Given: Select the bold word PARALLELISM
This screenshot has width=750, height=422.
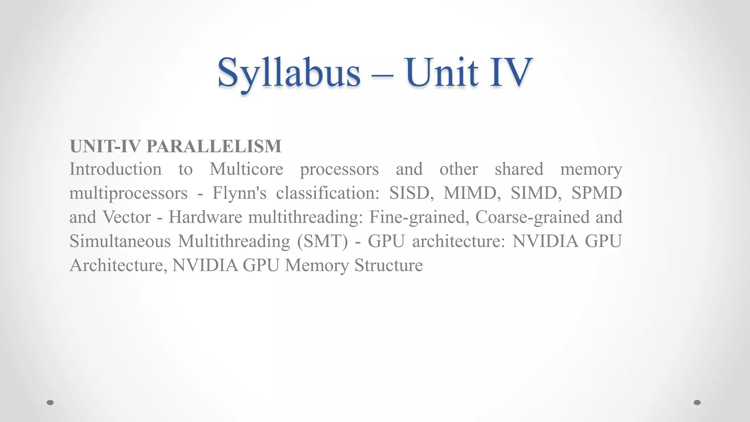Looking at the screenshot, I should coord(214,146).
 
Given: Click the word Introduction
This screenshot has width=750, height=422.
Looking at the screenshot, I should coord(115,169).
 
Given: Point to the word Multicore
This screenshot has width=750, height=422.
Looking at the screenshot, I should coord(246,169).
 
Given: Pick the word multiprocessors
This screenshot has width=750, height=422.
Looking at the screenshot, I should coord(129,193).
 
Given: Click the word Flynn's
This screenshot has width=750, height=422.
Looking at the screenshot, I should coord(240,193).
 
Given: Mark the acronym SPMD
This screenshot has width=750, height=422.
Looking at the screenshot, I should coord(597,193).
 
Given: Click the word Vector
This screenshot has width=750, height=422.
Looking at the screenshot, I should coord(126,217).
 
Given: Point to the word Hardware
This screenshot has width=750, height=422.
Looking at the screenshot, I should coord(205,217).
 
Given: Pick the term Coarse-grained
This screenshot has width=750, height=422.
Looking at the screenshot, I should coord(532,217).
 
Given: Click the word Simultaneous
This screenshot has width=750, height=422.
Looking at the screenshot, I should coord(120,241).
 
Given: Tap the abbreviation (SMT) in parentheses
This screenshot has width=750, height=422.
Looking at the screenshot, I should coord(323,241).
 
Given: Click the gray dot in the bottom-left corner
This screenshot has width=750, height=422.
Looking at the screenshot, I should coord(50,403).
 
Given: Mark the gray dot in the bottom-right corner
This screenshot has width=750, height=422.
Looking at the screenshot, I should coord(697,403).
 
